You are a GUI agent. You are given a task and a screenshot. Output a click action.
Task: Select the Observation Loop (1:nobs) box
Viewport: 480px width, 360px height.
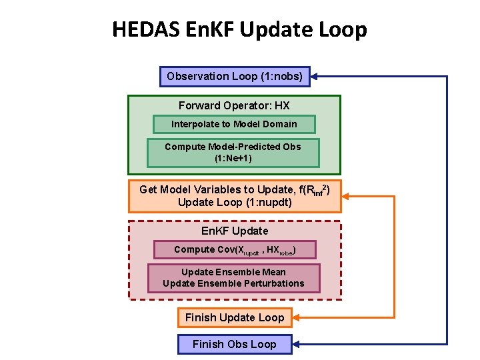(235, 77)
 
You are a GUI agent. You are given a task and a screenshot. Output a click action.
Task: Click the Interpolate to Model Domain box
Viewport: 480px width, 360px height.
(234, 124)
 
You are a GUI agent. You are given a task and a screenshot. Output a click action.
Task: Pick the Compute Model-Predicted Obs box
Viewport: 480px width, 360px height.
(233, 153)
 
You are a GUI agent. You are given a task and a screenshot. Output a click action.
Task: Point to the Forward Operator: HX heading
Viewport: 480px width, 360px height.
(234, 105)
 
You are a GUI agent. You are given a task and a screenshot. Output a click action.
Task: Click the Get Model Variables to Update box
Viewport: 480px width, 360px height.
(234, 196)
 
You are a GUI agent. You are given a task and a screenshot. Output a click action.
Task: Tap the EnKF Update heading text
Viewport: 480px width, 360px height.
(235, 231)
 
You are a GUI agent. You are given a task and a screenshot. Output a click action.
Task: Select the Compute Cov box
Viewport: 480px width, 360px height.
(234, 250)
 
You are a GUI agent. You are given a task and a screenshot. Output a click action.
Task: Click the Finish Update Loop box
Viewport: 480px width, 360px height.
(235, 318)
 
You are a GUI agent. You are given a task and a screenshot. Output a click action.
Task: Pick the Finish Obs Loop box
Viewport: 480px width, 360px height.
(235, 345)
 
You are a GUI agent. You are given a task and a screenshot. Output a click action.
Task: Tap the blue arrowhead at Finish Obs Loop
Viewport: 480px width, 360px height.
(299, 345)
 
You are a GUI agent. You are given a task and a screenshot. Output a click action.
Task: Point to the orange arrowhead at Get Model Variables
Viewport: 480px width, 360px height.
(347, 196)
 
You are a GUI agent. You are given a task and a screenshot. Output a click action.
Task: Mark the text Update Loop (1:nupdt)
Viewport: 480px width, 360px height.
(234, 203)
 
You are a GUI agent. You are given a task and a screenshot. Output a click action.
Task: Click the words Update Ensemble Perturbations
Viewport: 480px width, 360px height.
(233, 283)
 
